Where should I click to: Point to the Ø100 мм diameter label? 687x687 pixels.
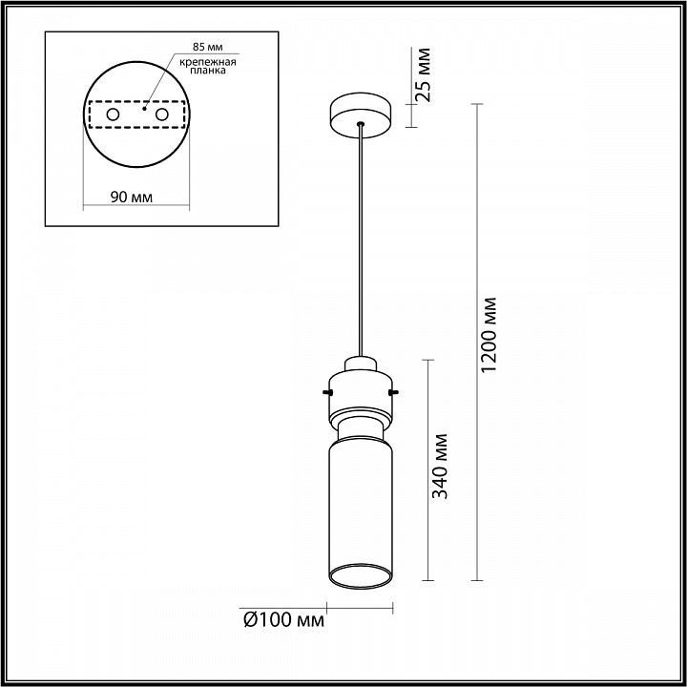click(x=283, y=621)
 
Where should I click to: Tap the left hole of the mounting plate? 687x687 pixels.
click(x=113, y=115)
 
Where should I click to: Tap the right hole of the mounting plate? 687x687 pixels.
click(x=161, y=115)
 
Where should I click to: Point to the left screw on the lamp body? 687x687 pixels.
click(x=326, y=391)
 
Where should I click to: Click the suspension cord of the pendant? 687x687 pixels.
click(x=360, y=239)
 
